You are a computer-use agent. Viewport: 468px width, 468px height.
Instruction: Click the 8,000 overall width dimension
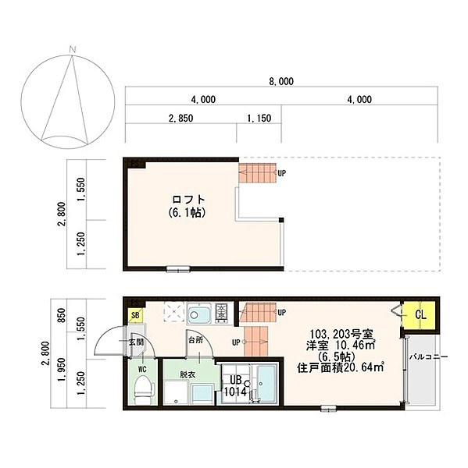281,80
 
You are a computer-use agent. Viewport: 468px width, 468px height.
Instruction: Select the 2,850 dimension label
180,119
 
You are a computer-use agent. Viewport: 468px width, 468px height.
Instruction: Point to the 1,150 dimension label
259,119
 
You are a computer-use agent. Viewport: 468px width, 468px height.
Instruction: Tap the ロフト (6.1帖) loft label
186,205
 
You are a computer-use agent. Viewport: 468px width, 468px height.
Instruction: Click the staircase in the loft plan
257,172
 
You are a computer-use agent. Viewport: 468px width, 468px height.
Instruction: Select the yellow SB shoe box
135,316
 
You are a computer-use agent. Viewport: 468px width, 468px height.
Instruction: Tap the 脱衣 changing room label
188,374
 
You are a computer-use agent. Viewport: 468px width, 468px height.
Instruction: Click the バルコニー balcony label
429,356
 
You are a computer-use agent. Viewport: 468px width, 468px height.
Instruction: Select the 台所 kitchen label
194,340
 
